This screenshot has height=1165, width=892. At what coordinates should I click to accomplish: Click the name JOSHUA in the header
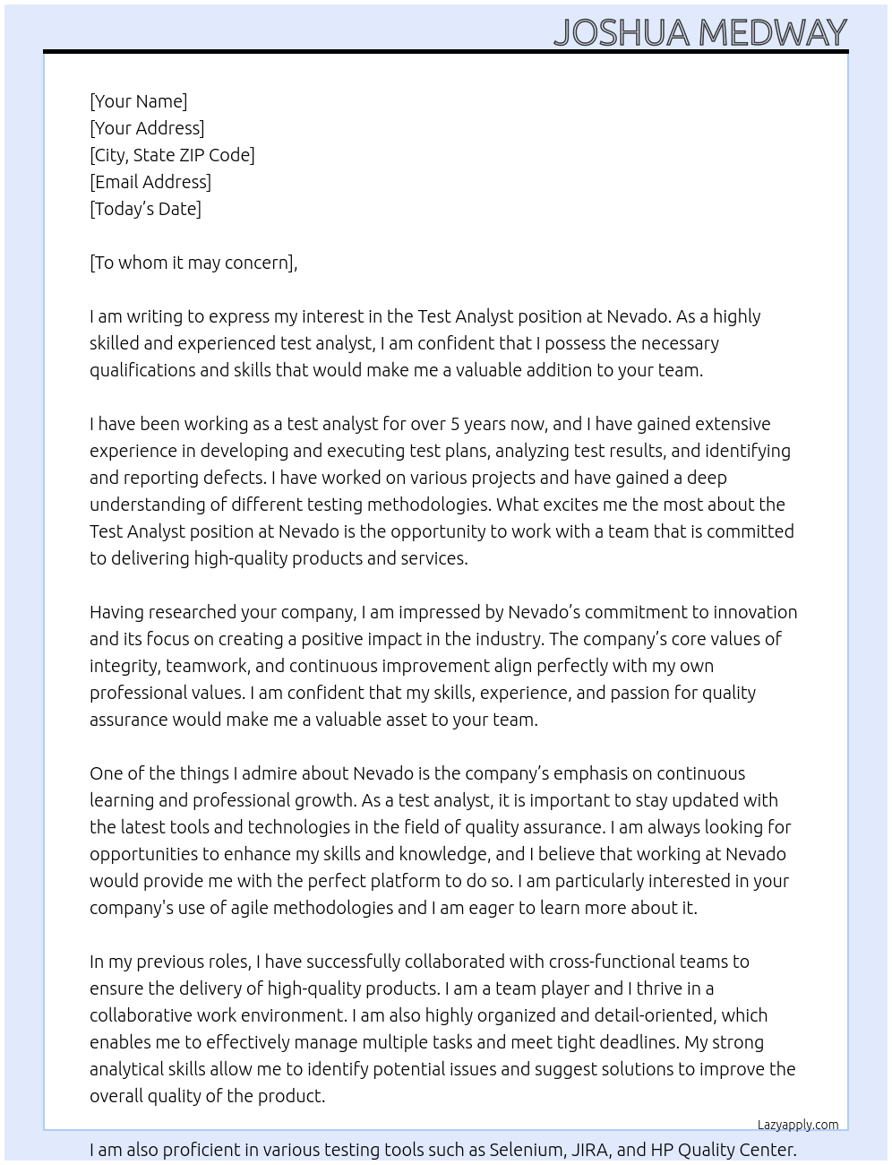(622, 33)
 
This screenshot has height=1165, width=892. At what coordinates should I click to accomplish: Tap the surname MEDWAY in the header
(772, 33)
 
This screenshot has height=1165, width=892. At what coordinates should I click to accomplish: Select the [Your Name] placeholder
(138, 101)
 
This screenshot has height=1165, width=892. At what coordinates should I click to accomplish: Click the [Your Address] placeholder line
(147, 128)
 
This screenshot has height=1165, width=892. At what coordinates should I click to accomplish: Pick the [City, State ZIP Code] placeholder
(172, 155)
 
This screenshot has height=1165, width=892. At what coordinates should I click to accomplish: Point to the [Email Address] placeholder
(150, 182)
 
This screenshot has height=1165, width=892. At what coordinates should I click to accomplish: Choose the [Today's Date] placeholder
(145, 209)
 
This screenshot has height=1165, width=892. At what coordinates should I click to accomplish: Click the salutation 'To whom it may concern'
(193, 263)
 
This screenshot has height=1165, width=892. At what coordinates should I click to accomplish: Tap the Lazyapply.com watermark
(798, 1125)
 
